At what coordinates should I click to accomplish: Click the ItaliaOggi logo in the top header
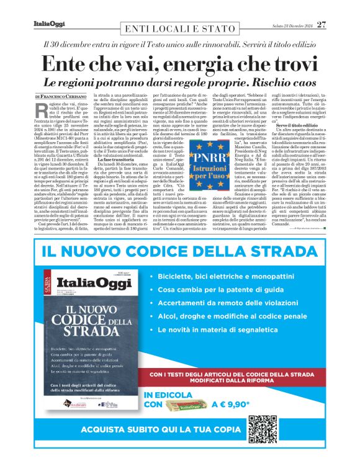click(x=49, y=25)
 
